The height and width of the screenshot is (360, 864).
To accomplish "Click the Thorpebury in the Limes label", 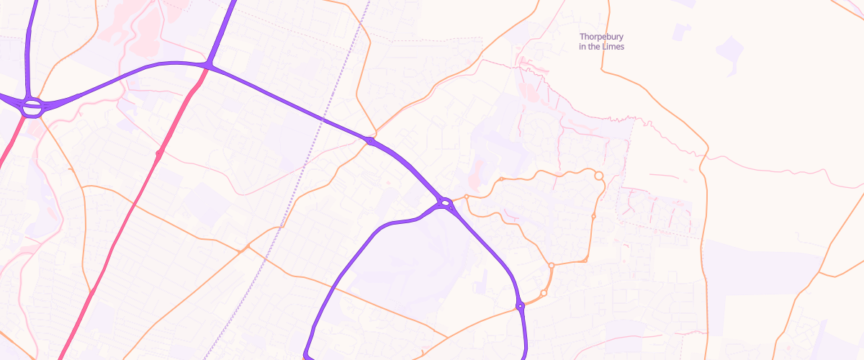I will click(x=602, y=42).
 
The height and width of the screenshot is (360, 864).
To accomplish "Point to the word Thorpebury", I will click(x=602, y=36).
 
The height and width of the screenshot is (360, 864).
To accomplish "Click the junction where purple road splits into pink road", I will click(x=207, y=66).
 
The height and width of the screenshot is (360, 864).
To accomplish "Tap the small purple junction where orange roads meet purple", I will click(x=370, y=141).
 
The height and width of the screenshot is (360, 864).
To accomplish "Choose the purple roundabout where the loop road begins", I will click(x=445, y=204).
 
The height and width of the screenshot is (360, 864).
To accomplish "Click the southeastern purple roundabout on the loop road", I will click(x=520, y=307).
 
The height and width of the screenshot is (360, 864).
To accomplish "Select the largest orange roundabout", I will click(x=598, y=176).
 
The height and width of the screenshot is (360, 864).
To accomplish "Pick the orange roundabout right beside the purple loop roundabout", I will click(x=467, y=197).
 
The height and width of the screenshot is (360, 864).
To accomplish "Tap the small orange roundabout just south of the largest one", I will click(x=593, y=216).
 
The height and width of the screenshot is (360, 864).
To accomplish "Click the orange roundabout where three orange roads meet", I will click(x=552, y=266).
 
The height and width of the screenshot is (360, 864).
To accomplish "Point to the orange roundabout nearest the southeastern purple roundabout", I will click(x=544, y=292).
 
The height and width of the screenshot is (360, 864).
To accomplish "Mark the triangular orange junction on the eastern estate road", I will click(x=586, y=258).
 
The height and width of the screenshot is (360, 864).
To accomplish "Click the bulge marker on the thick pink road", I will click(x=158, y=153).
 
